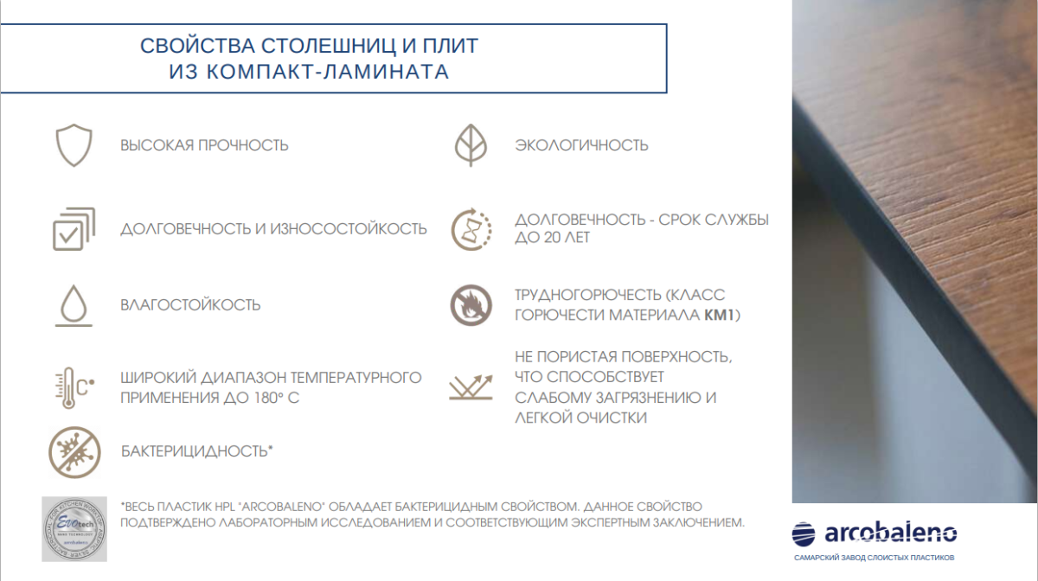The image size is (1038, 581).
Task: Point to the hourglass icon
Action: pyautogui.click(x=471, y=229)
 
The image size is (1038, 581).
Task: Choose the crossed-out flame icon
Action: pyautogui.click(x=471, y=305)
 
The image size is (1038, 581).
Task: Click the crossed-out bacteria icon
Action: pyautogui.click(x=74, y=452)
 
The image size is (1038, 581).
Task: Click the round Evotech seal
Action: pyautogui.click(x=74, y=529)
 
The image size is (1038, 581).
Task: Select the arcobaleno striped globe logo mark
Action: pyautogui.click(x=804, y=534)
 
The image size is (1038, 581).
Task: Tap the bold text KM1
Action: pyautogui.click(x=719, y=315)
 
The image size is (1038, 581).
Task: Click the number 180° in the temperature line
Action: pyautogui.click(x=267, y=398)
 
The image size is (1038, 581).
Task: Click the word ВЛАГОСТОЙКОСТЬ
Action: pyautogui.click(x=190, y=305)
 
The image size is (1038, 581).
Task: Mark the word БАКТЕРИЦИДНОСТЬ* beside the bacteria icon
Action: pyautogui.click(x=197, y=450)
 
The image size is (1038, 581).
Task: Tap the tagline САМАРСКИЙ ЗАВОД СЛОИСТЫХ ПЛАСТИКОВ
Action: pyautogui.click(x=874, y=558)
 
